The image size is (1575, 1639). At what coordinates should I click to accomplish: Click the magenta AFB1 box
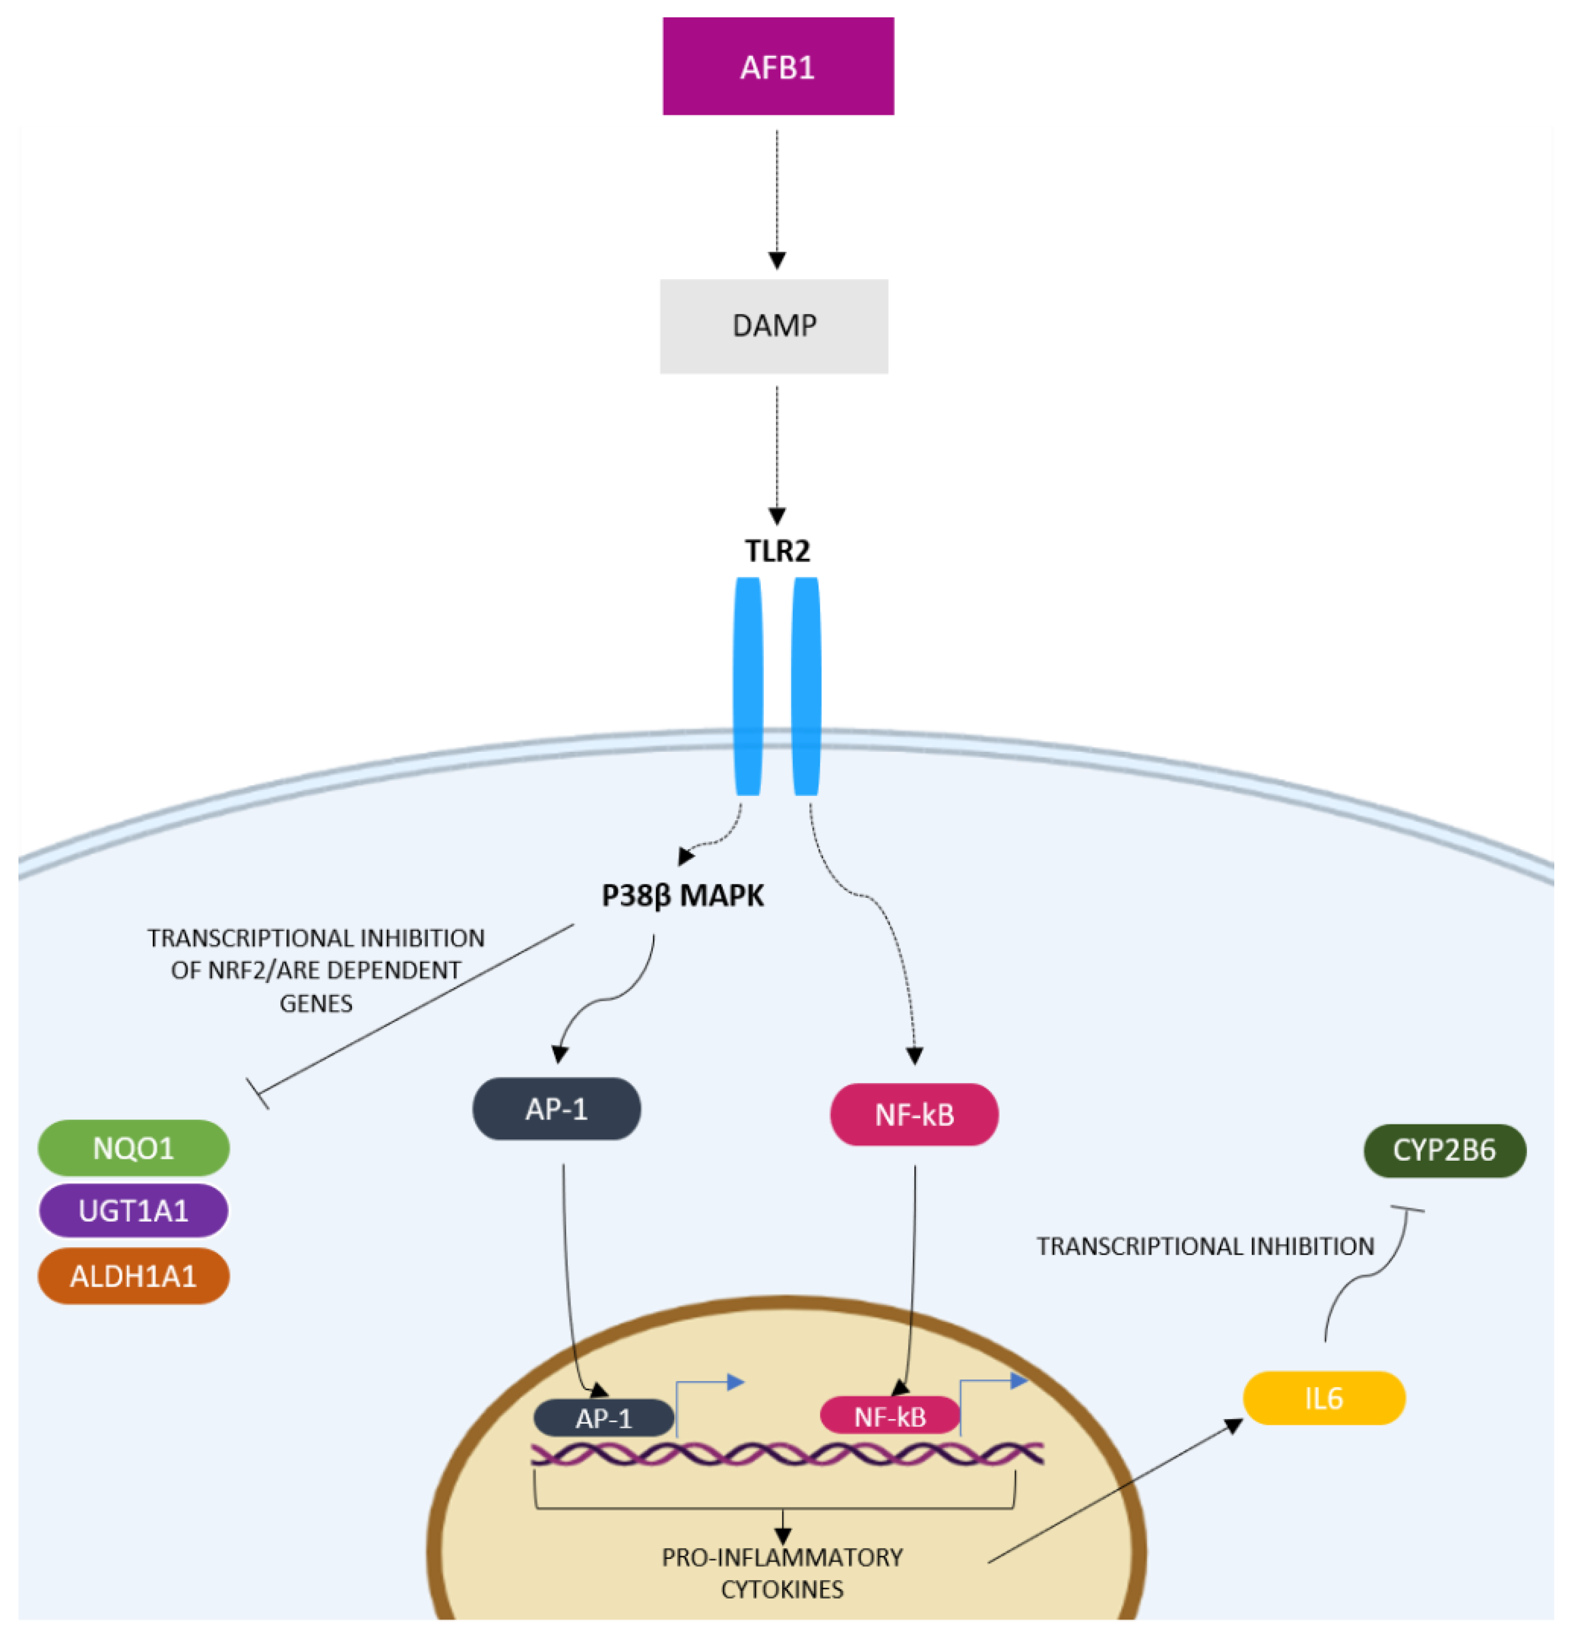(778, 66)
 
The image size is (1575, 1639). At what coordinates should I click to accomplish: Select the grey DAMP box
(774, 326)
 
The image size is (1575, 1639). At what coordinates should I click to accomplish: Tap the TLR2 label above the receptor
(777, 550)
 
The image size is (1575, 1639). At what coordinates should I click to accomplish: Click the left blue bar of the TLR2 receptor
(747, 686)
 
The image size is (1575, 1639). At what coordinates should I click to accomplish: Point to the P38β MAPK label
(683, 896)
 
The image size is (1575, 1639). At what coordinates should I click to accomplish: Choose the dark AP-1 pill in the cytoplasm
(556, 1109)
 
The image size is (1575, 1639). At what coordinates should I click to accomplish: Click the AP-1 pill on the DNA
(603, 1418)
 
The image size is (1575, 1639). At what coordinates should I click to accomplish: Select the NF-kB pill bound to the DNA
(889, 1416)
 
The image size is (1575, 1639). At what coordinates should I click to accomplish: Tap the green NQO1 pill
(133, 1148)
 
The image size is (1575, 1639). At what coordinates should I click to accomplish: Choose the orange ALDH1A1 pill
(133, 1276)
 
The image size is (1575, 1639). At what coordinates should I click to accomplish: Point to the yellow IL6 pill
(1323, 1398)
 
